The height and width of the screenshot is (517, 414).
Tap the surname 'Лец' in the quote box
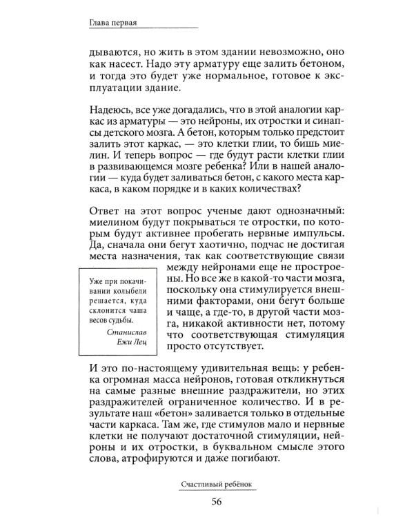(x=136, y=343)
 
